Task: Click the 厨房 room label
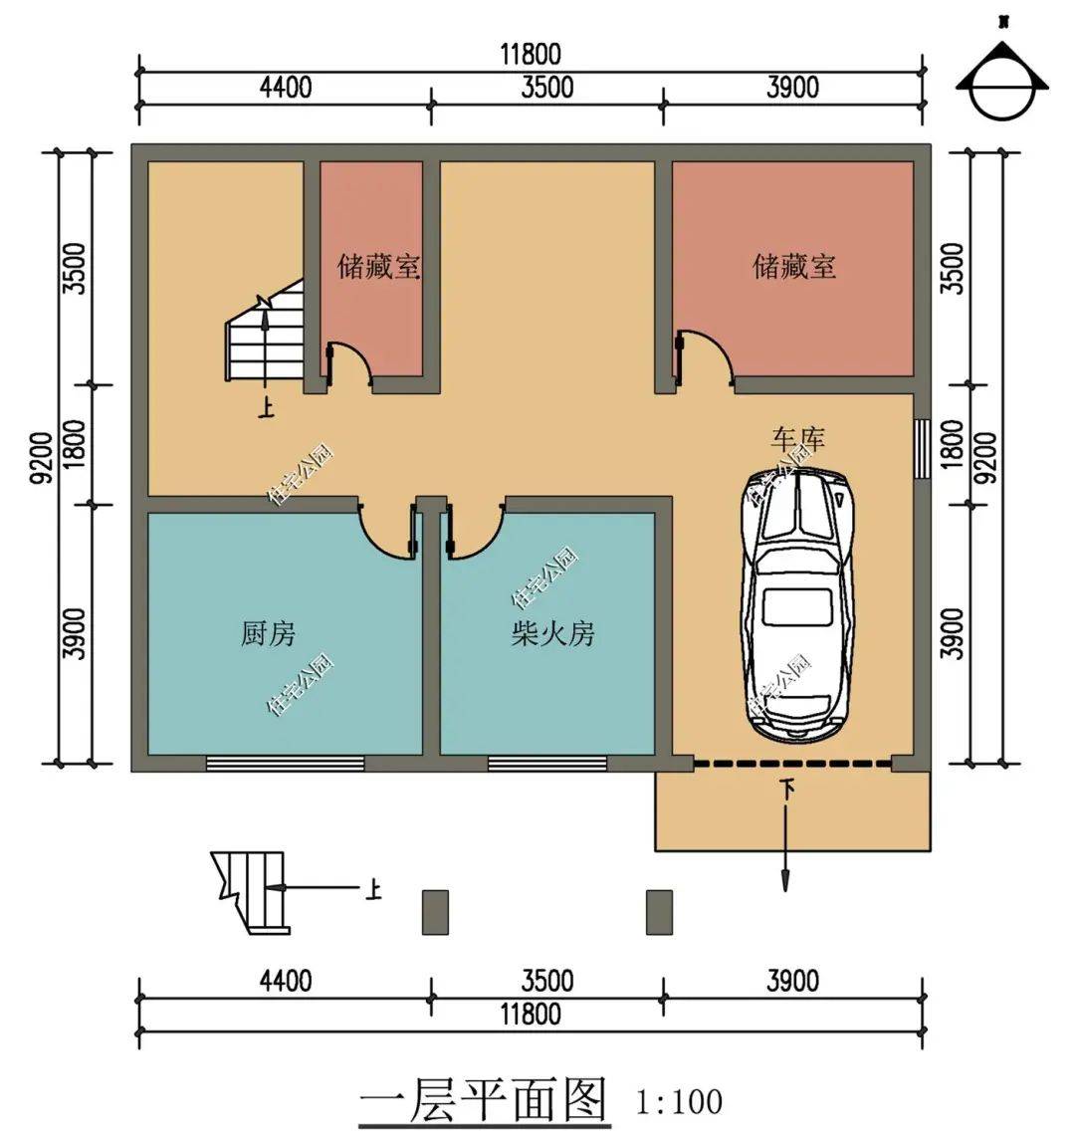pos(268,633)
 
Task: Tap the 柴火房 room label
pos(552,633)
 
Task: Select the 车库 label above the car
pos(797,437)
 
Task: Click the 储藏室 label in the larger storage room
pos(793,267)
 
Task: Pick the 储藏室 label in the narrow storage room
pos(378,267)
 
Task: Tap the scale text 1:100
pos(678,1102)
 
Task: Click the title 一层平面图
pos(483,1100)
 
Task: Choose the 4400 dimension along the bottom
pos(285,981)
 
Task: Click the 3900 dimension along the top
pos(792,88)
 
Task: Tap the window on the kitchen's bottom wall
pos(285,764)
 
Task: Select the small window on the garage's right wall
pos(922,447)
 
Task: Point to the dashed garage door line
pos(791,764)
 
